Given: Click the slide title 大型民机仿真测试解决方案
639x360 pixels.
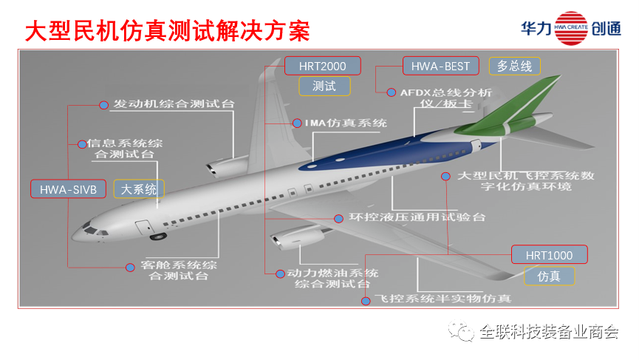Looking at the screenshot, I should [166, 30].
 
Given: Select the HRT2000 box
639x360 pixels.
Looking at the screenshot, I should [323, 66].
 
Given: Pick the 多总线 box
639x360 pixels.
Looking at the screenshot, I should [514, 66].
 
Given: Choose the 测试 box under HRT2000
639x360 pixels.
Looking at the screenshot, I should [324, 86].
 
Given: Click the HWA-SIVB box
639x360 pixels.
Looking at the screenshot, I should [69, 189].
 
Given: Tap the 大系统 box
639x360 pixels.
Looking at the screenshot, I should [139, 189].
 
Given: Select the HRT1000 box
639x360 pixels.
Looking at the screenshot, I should [549, 255].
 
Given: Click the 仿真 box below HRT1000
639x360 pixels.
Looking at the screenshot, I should [549, 276].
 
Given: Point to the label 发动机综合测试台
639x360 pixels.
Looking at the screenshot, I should [173, 104].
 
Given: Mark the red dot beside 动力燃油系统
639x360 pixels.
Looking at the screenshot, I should [279, 274].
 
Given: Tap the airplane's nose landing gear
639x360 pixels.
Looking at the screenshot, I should [157, 237].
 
